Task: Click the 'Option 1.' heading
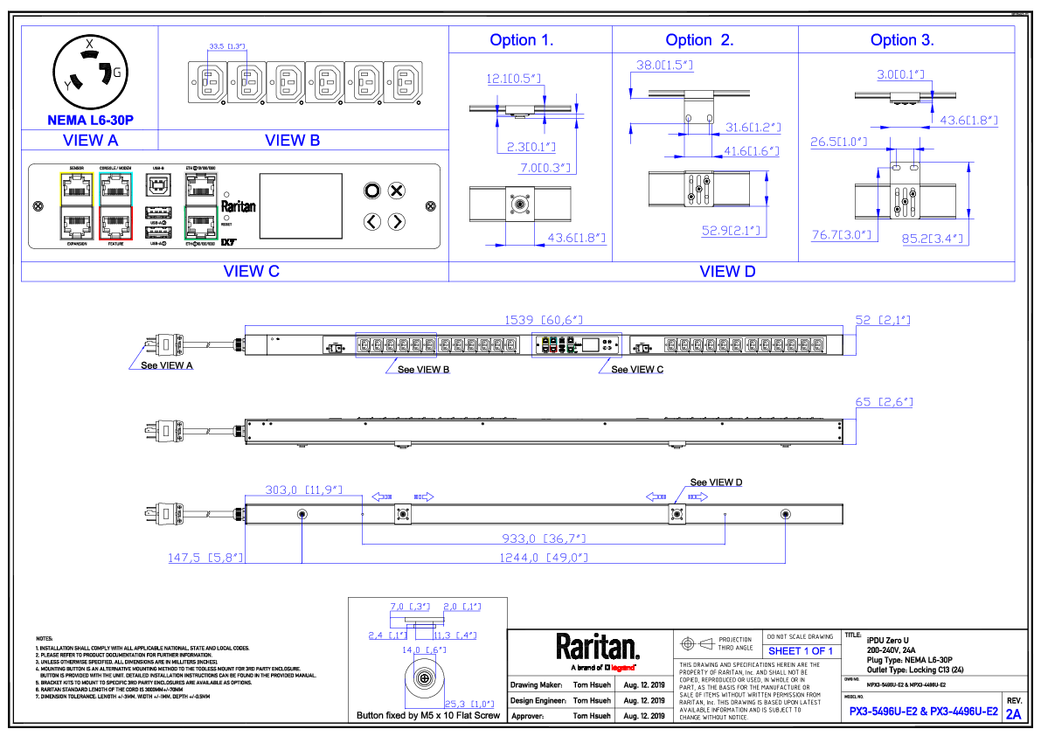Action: click(x=522, y=40)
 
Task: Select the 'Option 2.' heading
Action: click(x=699, y=40)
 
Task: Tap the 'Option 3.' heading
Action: click(x=902, y=40)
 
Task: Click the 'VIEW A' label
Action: click(x=91, y=140)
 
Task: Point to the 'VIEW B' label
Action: click(x=292, y=140)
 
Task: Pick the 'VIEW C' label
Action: click(x=252, y=272)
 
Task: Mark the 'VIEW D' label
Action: click(x=727, y=272)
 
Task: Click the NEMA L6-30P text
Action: click(x=91, y=121)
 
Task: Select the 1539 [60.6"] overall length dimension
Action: click(x=544, y=321)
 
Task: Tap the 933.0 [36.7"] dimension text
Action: click(x=544, y=538)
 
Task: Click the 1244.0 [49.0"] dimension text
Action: click(x=544, y=558)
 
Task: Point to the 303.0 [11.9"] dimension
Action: click(x=303, y=490)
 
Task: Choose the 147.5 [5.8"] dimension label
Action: click(x=205, y=558)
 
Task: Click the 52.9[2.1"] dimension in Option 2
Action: click(x=732, y=231)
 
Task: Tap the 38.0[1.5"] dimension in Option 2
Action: click(x=664, y=66)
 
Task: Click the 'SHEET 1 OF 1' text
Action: click(x=800, y=651)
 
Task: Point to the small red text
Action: click(x=622, y=668)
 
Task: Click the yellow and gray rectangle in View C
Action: click(x=77, y=205)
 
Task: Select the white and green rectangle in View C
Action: click(x=201, y=205)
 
